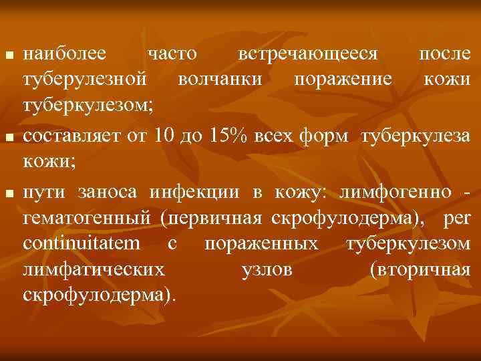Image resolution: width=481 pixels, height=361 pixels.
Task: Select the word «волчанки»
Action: click(218, 80)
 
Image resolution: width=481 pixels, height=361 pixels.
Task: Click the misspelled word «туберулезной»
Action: click(85, 80)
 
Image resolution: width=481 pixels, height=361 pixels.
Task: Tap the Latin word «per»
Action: click(456, 218)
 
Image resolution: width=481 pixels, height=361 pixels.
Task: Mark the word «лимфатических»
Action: click(94, 270)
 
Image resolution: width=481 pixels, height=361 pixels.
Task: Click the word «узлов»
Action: click(266, 270)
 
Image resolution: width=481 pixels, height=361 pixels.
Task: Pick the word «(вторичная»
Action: click(420, 270)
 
